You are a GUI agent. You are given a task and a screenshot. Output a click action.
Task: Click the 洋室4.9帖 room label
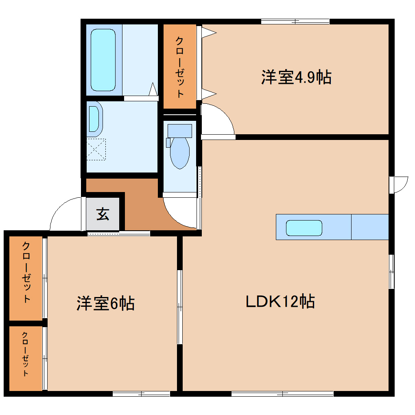click(296, 77)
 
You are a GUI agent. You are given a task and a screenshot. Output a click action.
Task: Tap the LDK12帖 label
click(280, 301)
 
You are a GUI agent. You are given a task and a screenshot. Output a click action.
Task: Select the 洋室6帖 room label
click(105, 303)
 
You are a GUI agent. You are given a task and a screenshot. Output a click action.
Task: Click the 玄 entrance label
click(103, 214)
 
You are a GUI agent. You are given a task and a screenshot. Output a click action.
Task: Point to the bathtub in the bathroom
click(103, 59)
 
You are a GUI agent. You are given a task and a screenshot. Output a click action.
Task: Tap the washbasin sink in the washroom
click(94, 118)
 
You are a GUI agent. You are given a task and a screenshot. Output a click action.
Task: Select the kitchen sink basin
click(304, 228)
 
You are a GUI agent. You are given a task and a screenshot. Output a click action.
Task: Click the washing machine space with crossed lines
click(96, 149)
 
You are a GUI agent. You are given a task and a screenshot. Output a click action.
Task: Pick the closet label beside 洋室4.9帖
click(179, 67)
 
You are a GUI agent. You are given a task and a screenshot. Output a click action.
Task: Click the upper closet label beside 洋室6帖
click(26, 272)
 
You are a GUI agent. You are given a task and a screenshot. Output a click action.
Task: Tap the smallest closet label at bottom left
click(25, 354)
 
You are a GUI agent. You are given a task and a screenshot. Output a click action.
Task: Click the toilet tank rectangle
click(179, 131)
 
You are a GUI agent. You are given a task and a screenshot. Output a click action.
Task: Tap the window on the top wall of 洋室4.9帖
click(295, 22)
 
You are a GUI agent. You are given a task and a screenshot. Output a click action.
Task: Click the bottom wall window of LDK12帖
click(282, 393)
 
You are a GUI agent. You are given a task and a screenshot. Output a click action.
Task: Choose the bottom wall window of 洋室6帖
click(141, 393)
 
